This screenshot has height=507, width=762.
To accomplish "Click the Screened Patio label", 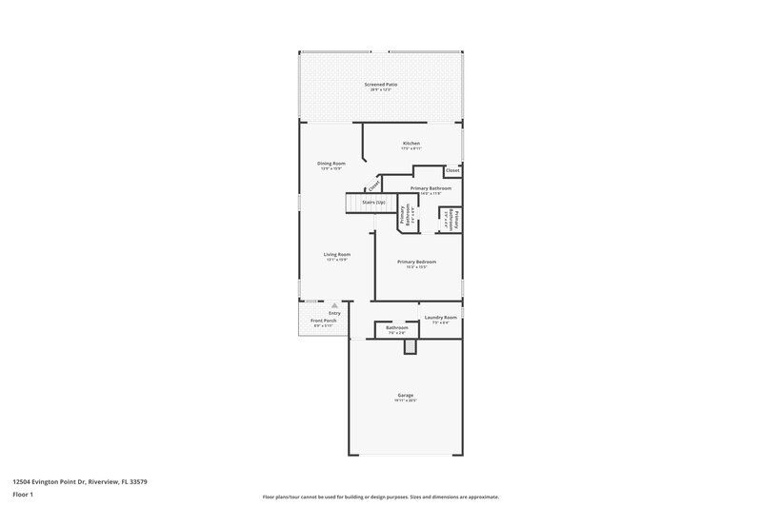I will point(380,85).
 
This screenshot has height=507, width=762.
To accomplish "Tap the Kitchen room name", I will point(411,144).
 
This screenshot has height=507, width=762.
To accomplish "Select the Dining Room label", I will point(331,163).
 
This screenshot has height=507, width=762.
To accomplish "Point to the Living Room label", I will point(337,254).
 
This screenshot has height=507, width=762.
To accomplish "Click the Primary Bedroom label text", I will point(417,261).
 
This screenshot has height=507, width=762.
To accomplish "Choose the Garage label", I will point(406,395).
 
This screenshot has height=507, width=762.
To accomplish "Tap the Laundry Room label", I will point(440,317).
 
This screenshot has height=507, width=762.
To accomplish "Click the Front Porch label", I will point(324,321).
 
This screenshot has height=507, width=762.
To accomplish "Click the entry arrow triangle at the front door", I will point(334,306).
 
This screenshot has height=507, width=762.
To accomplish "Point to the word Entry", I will point(334,313).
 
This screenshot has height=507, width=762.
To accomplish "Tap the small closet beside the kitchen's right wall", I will point(452,170).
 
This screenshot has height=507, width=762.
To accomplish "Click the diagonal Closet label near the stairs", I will point(373,185).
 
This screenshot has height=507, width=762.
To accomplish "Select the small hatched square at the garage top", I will point(411,348).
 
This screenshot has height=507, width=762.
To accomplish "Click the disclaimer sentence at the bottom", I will point(381,497).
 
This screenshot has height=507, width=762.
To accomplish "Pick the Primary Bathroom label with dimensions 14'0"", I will point(431,188).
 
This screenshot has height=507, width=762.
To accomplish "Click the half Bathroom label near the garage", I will point(396,328).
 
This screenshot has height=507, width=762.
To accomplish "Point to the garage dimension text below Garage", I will point(406,400).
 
